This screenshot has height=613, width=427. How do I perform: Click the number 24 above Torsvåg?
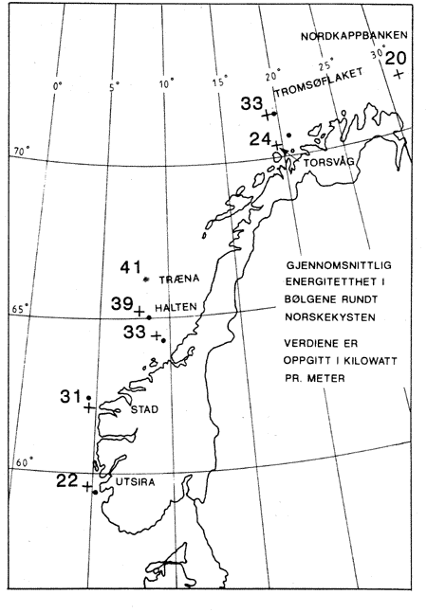pyautogui.click(x=262, y=139)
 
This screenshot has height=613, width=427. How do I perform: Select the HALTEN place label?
pyautogui.click(x=175, y=309)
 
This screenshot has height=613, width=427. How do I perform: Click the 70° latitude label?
pyautogui.click(x=21, y=152)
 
